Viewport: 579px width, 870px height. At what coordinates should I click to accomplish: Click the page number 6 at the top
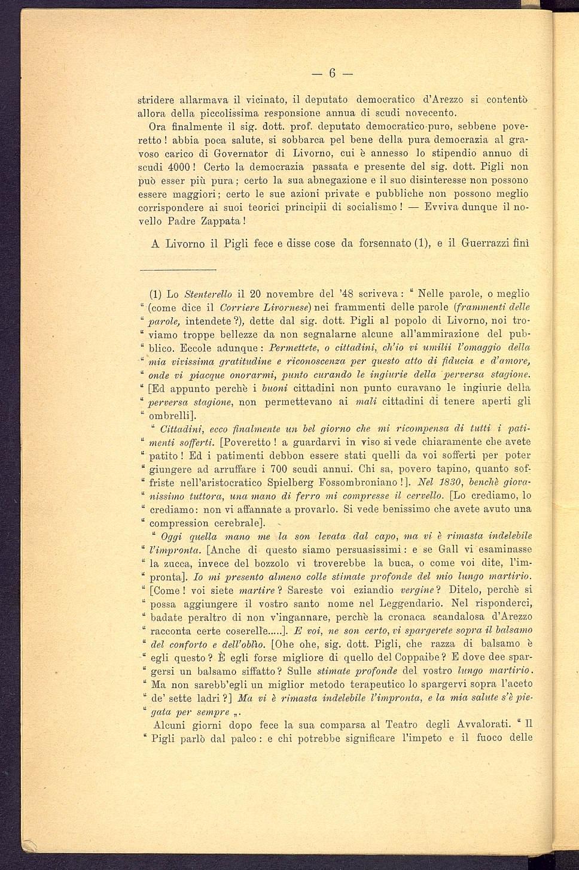click(x=332, y=74)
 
